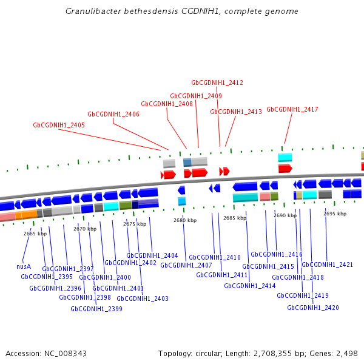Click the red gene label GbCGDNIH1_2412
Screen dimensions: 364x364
[217, 83]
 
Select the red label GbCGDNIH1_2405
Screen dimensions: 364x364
[59, 125]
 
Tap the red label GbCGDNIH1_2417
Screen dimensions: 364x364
[292, 109]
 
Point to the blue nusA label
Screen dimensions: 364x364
[24, 266]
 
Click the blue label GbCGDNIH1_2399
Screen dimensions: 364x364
[96, 309]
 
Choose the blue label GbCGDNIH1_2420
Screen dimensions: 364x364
[313, 308]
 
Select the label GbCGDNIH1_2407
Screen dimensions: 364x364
[186, 265]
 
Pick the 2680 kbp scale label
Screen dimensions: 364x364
[185, 220]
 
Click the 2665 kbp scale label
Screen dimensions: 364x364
[35, 234]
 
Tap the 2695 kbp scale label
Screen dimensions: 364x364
[335, 214]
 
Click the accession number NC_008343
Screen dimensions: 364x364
[66, 354]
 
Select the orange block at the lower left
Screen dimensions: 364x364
[26, 214]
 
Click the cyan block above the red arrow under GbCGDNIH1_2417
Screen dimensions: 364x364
[285, 157]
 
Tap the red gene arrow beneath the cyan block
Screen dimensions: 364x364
[285, 168]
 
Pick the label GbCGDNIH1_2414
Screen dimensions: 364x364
[250, 286]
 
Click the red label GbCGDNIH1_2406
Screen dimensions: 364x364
[113, 114]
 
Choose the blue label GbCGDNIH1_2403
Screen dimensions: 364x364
[143, 298]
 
